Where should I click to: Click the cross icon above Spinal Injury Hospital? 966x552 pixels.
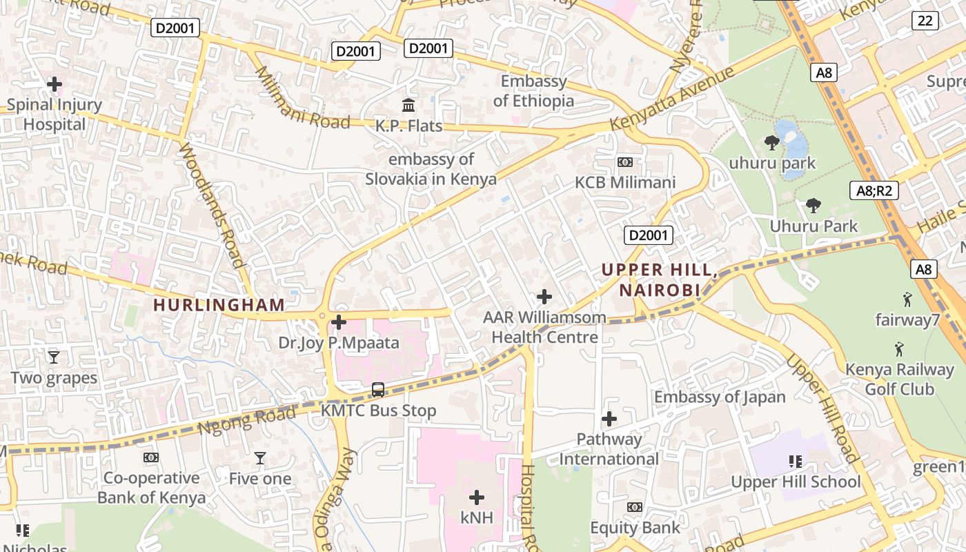(54, 85)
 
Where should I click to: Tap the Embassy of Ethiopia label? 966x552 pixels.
(533, 91)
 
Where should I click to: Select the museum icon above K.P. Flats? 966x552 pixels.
(408, 106)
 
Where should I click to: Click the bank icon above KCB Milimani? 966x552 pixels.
(625, 162)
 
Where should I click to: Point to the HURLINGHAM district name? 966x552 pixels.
(219, 305)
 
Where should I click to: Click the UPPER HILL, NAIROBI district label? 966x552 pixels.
(659, 279)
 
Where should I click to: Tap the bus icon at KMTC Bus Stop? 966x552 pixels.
(378, 390)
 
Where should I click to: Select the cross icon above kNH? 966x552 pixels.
(476, 497)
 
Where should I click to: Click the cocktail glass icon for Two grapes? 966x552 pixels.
(54, 357)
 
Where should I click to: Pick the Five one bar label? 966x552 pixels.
(259, 479)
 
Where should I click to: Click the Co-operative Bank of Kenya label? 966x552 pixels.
(151, 488)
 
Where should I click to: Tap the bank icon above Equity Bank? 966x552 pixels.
(635, 507)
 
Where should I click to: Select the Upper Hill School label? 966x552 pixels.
(796, 482)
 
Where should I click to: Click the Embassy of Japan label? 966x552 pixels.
(720, 397)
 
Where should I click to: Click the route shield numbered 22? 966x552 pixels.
(925, 21)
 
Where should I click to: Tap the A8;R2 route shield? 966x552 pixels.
(874, 190)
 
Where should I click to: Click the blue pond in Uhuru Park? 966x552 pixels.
(792, 141)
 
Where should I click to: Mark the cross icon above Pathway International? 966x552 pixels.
(609, 419)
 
